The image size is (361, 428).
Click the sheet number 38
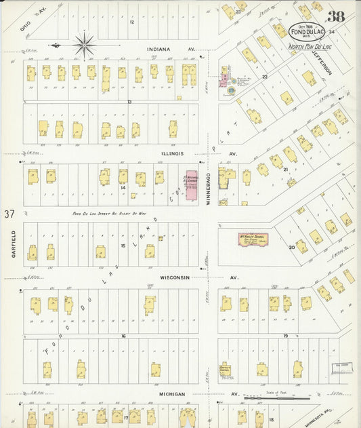[337, 18]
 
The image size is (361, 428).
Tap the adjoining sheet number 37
[9, 214]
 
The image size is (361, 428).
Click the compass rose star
[85, 45]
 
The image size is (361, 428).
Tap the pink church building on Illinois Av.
[192, 186]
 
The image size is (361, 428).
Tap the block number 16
[123, 336]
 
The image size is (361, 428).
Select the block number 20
[292, 247]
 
